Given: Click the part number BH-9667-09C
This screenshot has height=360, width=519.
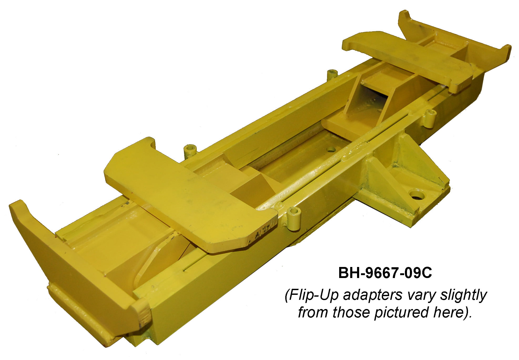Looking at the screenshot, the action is (385, 273).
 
